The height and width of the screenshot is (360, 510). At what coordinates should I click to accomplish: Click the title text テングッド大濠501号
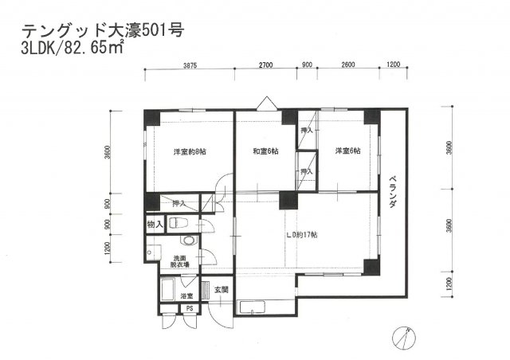pos(103,32)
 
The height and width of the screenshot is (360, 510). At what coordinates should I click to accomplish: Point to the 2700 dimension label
pos(265,66)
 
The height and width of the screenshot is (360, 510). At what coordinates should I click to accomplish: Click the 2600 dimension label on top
pos(347,66)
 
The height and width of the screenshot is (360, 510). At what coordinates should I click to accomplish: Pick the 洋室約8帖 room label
pos(190,151)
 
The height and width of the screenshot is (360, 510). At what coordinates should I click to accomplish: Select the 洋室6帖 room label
pos(347,151)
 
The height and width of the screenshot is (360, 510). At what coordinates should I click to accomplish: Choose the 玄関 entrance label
pos(221,290)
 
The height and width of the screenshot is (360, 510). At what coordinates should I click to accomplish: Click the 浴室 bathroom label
pos(186,275)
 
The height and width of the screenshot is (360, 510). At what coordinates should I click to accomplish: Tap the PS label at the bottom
pos(190,308)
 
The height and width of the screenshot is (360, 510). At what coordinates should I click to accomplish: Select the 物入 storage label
pos(155,225)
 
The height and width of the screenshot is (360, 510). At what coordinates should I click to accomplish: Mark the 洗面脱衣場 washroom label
pos(181,261)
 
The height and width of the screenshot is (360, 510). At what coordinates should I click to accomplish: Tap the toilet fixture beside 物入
pos(179,224)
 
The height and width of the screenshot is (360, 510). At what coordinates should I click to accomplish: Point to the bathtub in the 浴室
pos(170,291)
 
